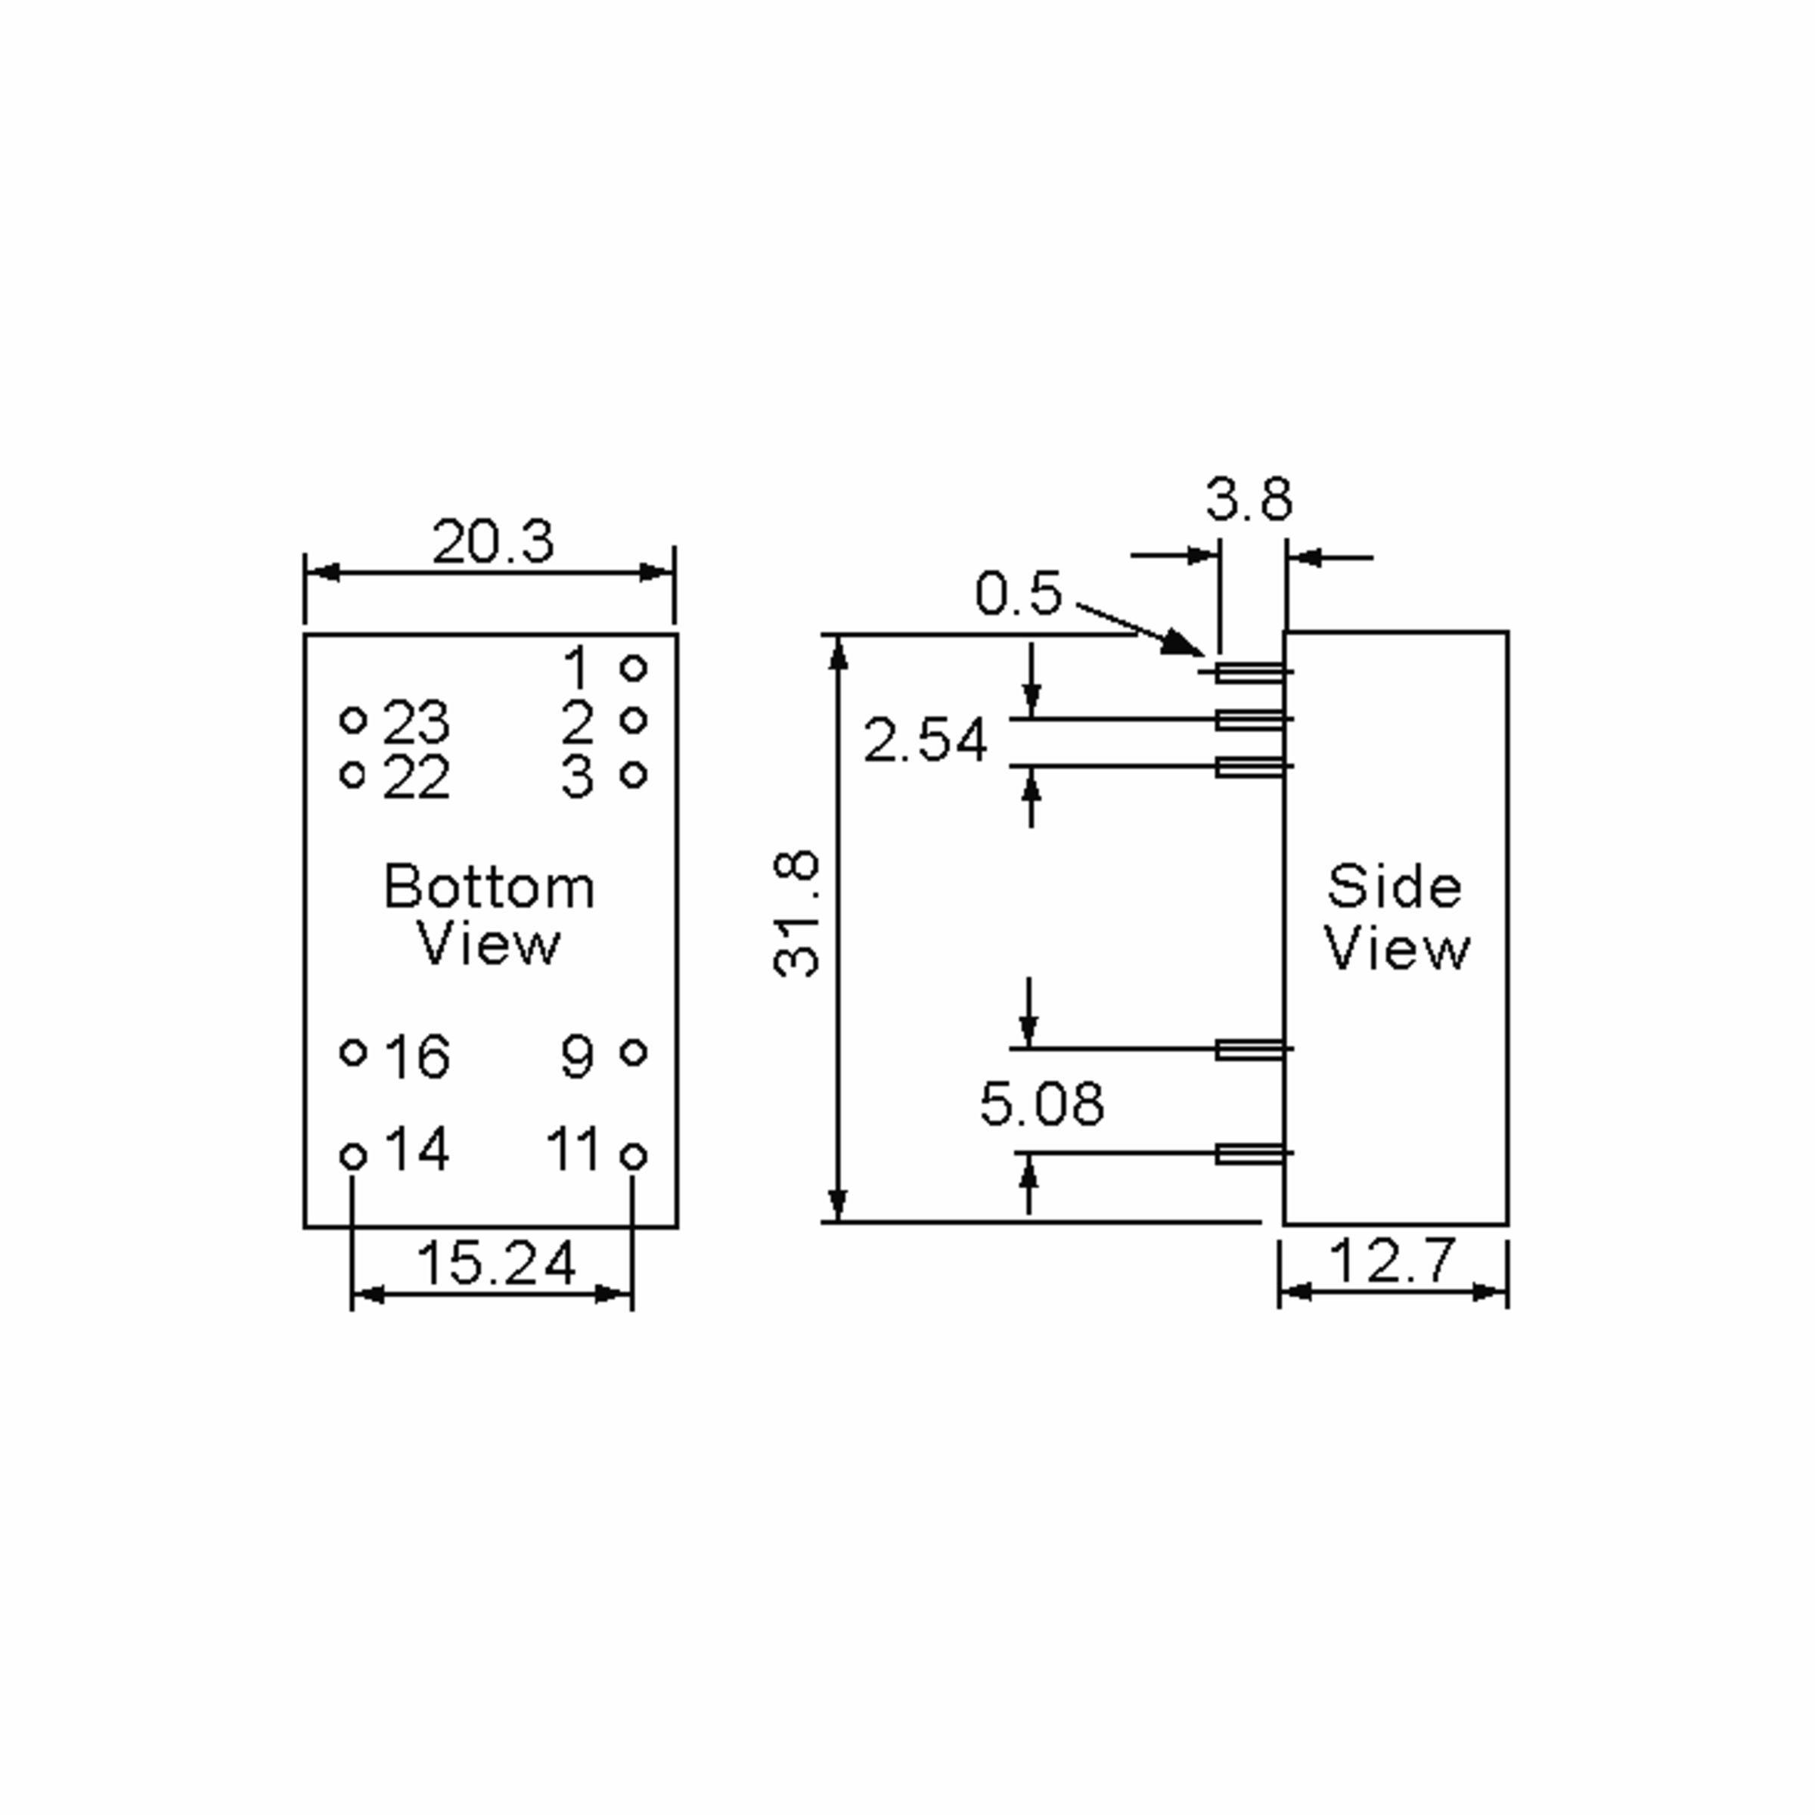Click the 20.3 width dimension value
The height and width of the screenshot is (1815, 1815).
coord(492,542)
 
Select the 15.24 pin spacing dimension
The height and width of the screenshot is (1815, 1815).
coord(495,1264)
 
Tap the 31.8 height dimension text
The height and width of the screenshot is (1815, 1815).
coord(796,915)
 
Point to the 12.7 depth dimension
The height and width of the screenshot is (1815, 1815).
coord(1392,1261)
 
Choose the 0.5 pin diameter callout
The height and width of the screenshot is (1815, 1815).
coord(1019,594)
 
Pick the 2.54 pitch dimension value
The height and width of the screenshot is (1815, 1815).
coord(926,740)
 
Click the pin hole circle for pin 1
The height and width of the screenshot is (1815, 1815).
coord(634,668)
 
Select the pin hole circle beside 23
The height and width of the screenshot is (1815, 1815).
coord(352,721)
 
